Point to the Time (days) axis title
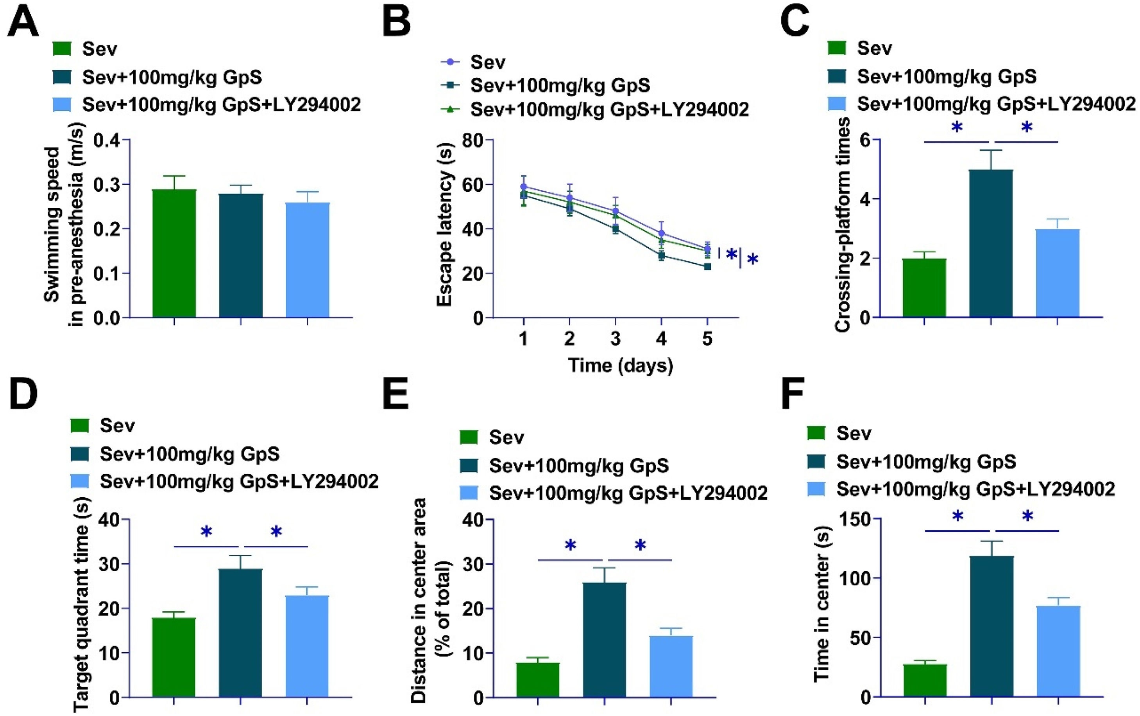coord(620,365)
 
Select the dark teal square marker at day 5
coord(707,266)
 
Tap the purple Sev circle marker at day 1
coord(523,187)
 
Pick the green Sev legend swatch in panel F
coord(816,433)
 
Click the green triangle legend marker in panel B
coord(450,110)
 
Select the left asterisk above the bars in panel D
coord(206,531)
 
